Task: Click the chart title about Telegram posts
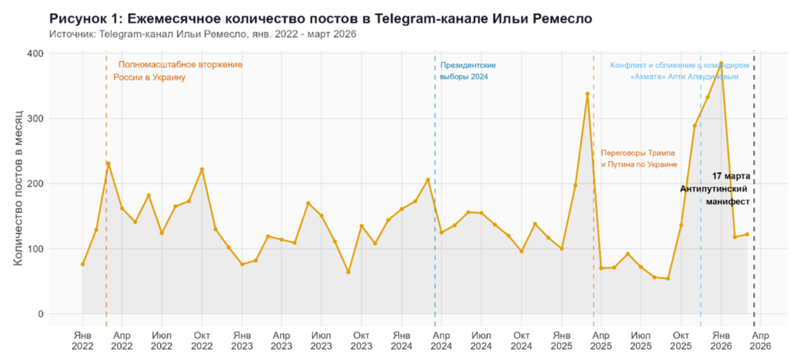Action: tap(320, 17)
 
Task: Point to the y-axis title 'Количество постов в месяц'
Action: tap(17, 183)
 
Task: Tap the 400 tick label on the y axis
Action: tap(34, 53)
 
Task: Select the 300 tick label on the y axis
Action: tap(34, 118)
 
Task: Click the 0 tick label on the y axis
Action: tap(41, 314)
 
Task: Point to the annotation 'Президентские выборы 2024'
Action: tap(468, 70)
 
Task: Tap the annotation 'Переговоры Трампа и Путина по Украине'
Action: tap(638, 158)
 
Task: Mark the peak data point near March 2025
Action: tap(587, 94)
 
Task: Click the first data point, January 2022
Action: tap(82, 265)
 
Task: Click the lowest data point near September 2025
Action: tap(667, 279)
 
